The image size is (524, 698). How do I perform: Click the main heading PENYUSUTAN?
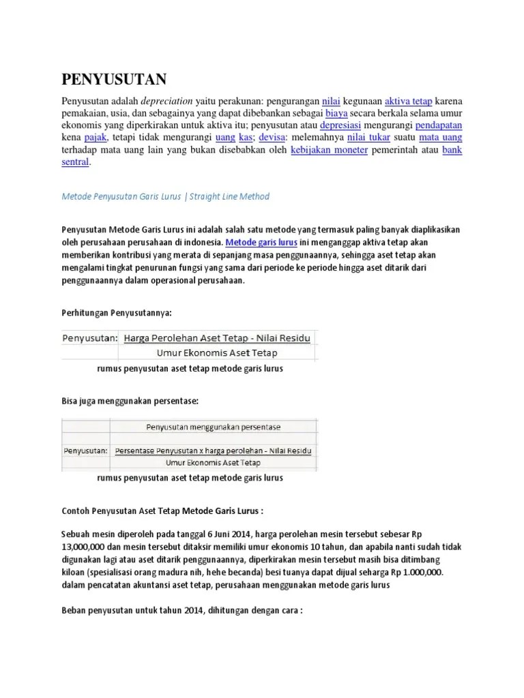(114, 80)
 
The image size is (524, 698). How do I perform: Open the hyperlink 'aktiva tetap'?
(408, 100)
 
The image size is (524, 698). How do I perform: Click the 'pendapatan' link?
(438, 125)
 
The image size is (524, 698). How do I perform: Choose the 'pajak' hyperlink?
(95, 138)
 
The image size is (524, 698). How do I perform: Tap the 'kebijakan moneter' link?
(329, 150)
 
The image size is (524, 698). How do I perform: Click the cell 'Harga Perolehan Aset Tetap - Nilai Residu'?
(217, 337)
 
